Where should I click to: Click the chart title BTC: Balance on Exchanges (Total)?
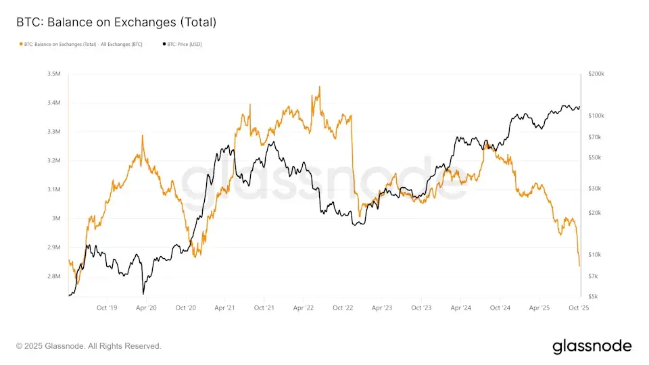[x=116, y=22]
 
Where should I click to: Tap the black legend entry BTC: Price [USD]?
[x=182, y=44]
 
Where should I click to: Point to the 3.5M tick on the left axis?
[x=54, y=74]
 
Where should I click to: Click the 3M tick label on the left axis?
[x=57, y=218]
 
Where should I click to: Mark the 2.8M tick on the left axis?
[x=54, y=276]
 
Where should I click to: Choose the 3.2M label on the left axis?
[x=54, y=161]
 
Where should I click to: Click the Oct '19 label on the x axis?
[x=107, y=308]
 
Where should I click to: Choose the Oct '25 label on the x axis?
[x=579, y=308]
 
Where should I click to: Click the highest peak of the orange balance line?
[x=320, y=87]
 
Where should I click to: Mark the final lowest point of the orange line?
[x=579, y=266]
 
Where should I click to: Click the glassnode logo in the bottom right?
[x=592, y=346]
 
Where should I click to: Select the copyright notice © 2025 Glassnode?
[x=89, y=346]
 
